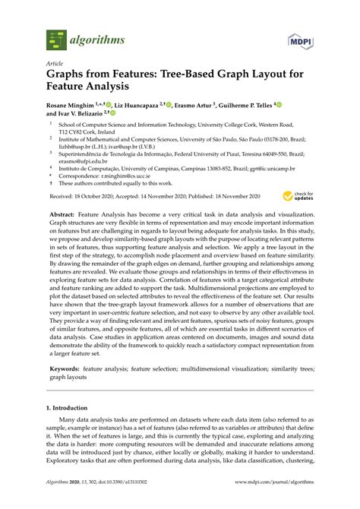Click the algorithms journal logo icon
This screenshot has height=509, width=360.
pyautogui.click(x=55, y=37)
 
